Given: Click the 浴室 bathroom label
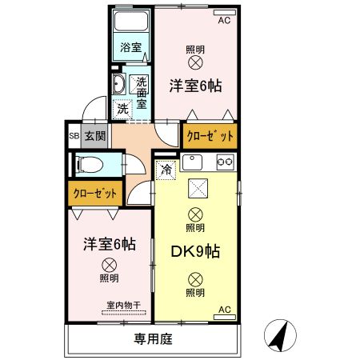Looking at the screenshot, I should (x=130, y=48).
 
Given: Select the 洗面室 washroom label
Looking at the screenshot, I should (x=141, y=91).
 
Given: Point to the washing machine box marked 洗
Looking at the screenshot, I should (x=123, y=108).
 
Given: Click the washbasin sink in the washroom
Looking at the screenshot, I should (x=118, y=86).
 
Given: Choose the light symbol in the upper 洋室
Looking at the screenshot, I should (x=195, y=64).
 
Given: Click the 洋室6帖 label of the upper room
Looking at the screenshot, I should (x=195, y=86).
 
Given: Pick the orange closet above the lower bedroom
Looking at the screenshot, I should (x=95, y=193).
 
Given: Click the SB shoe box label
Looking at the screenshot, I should (x=74, y=136).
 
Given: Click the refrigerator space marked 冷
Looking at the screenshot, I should (x=166, y=169).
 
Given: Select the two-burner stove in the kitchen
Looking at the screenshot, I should (x=225, y=162).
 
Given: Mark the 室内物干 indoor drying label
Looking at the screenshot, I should (x=123, y=305).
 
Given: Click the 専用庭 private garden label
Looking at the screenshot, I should (x=153, y=339).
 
